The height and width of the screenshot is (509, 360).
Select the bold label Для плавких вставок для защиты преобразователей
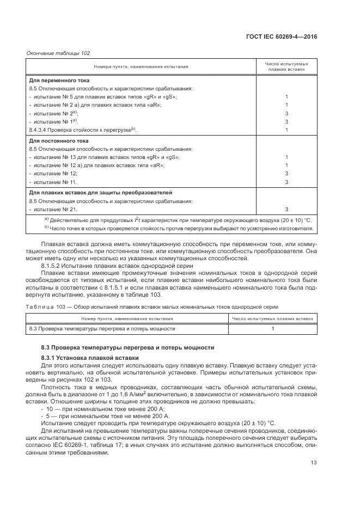pyautogui.click(x=100, y=193)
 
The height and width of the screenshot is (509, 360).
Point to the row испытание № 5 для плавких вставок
pyautogui.click(x=103, y=96)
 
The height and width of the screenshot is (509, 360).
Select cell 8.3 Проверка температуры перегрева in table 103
pyautogui.click(x=102, y=329)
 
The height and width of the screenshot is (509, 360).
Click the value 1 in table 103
pyautogui.click(x=273, y=329)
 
